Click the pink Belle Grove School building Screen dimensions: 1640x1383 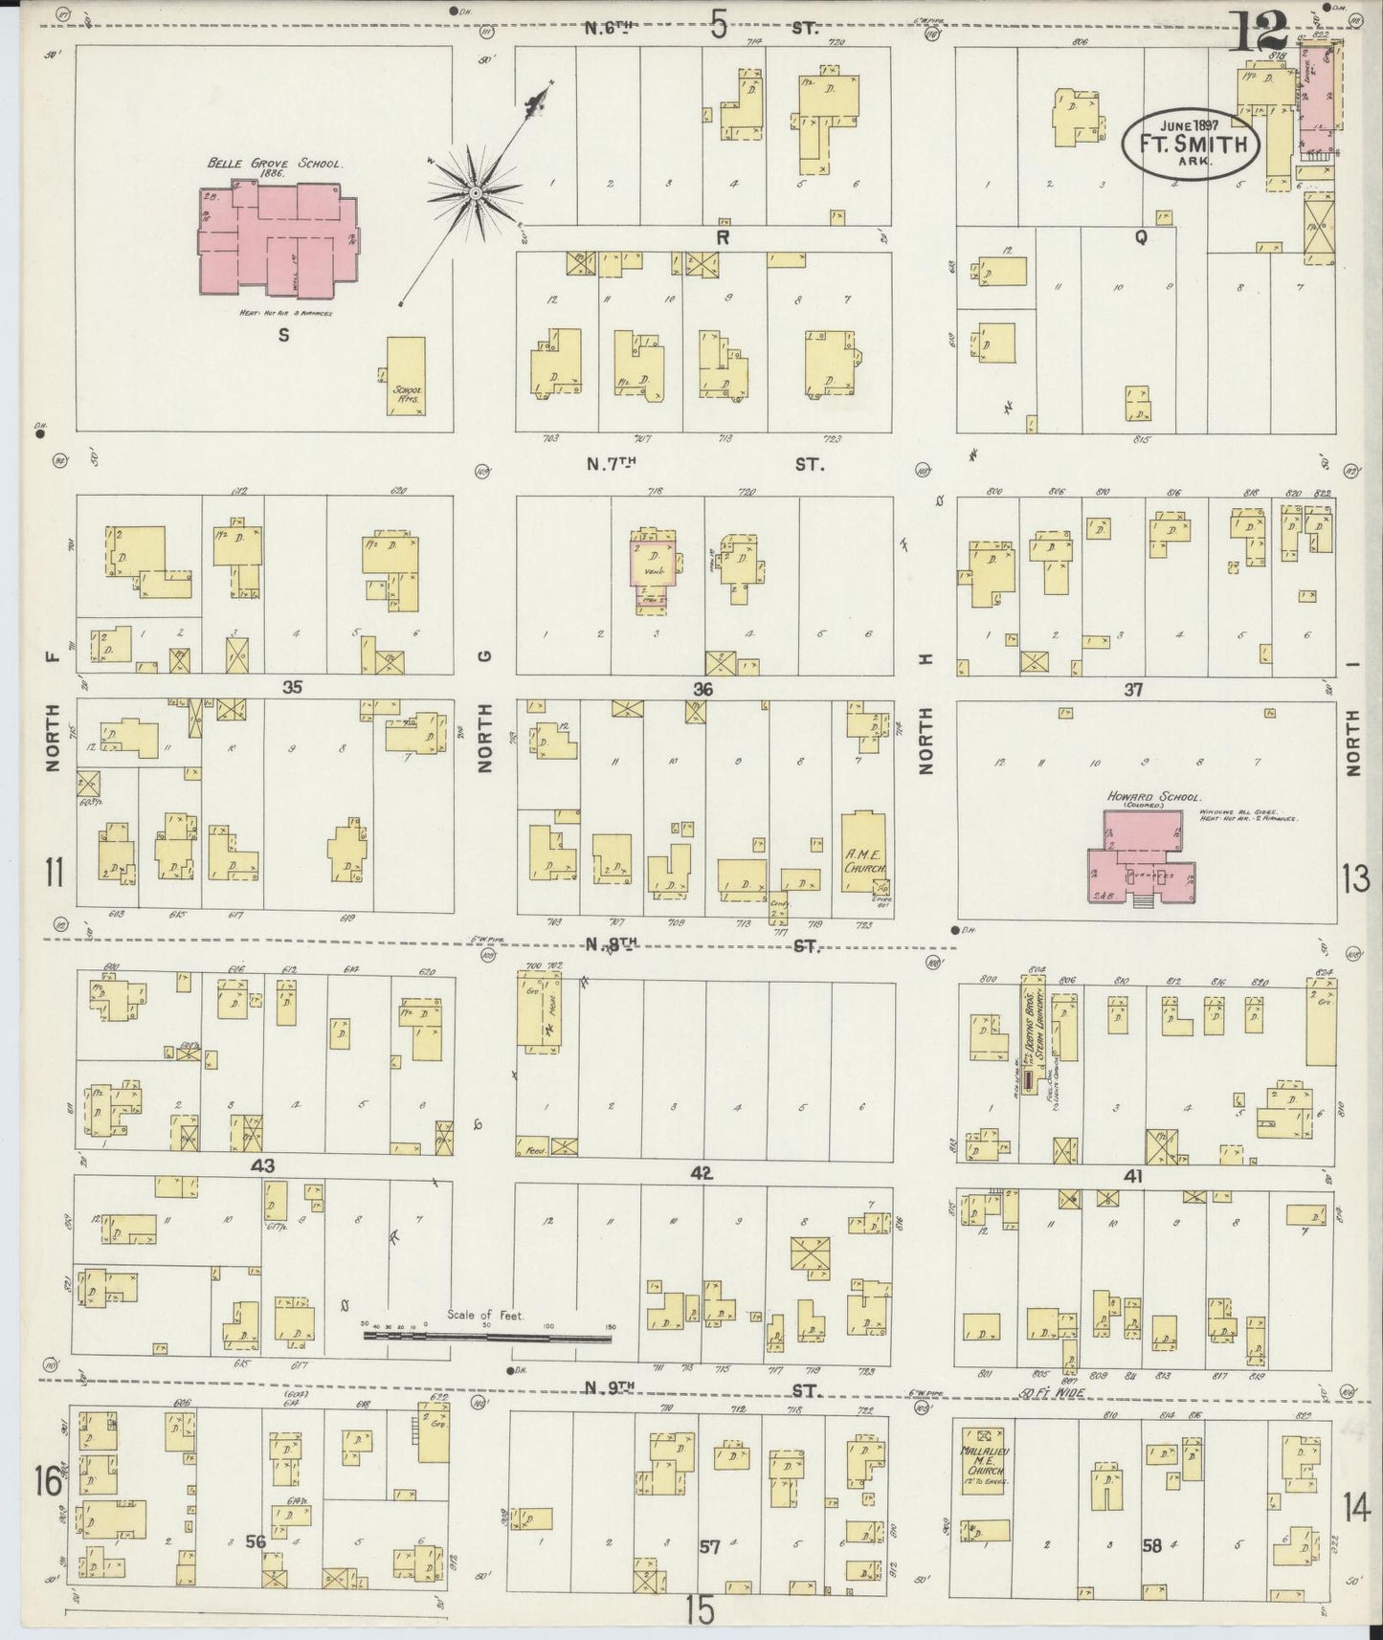click(x=278, y=239)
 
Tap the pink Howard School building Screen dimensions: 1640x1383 click(x=1139, y=856)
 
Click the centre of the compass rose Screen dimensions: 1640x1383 click(x=475, y=194)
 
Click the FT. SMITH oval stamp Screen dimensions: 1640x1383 click(x=1191, y=144)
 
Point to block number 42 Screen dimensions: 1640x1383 click(x=703, y=1174)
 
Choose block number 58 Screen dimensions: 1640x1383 click(x=1151, y=1544)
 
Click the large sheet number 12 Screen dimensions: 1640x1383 click(x=1257, y=33)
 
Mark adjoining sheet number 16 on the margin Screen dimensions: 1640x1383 click(x=48, y=1482)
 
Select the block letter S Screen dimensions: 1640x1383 click(x=283, y=335)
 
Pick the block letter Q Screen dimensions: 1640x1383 click(x=1140, y=239)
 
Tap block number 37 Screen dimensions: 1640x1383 click(x=1133, y=689)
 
